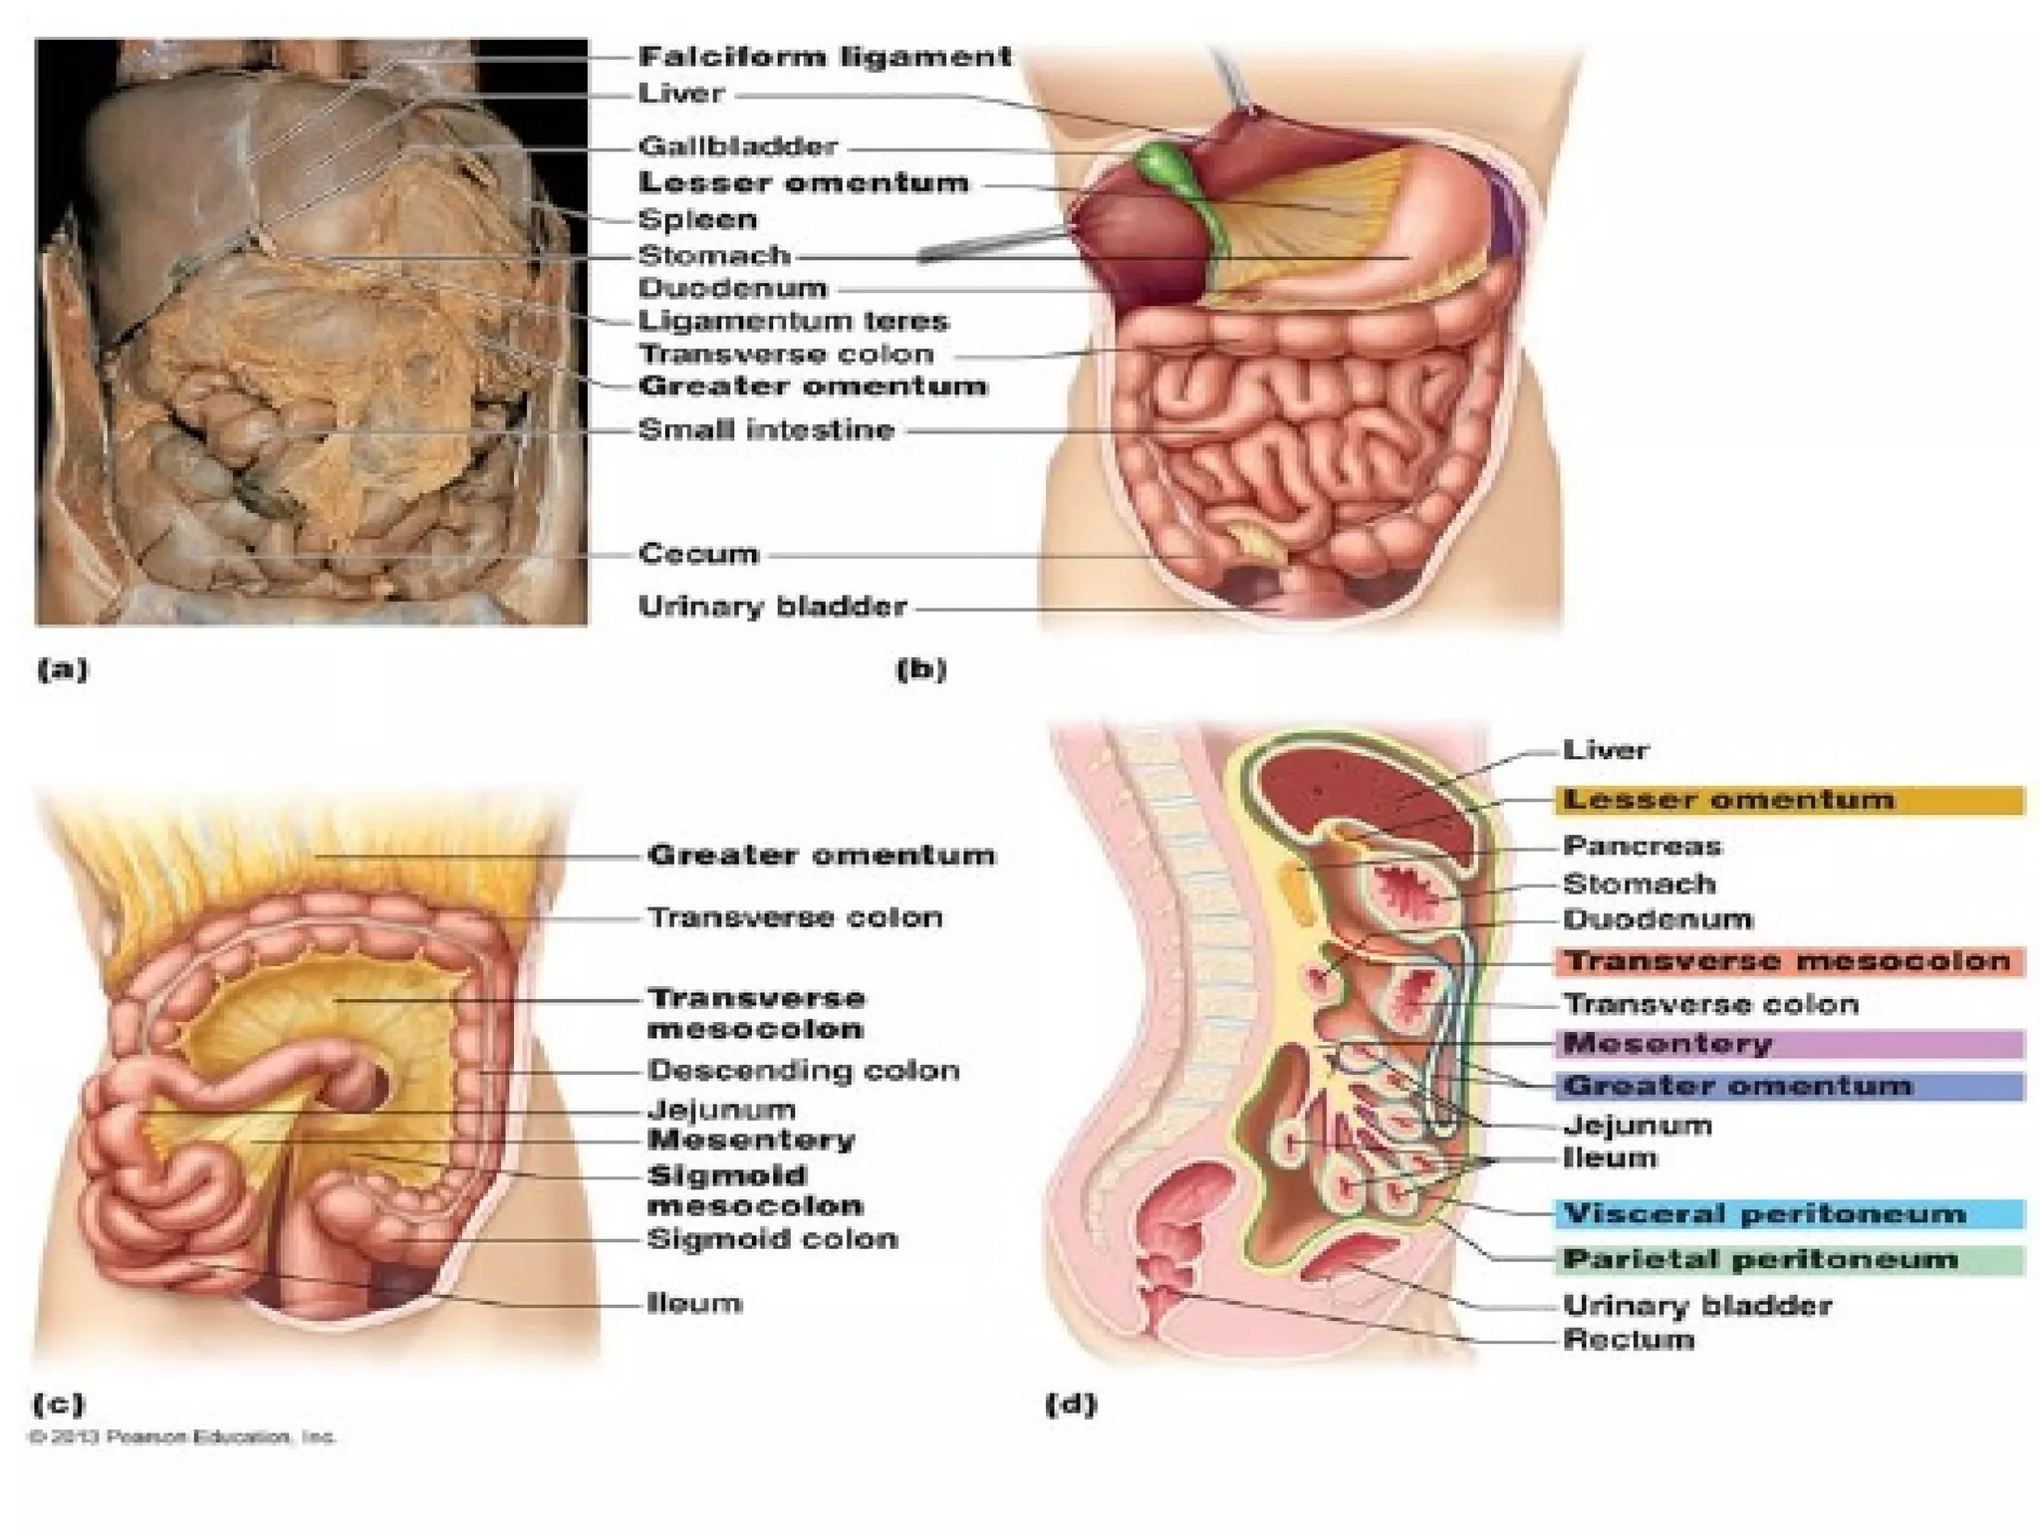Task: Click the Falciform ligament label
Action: [825, 57]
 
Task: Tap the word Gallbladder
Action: [738, 146]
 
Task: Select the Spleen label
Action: [697, 219]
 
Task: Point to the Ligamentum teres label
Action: [794, 321]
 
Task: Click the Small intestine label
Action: [766, 430]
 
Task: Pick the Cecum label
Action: [698, 554]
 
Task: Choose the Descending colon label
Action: [803, 1071]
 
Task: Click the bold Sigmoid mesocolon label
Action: [755, 1190]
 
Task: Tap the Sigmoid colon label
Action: [772, 1239]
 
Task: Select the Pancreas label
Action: [1642, 846]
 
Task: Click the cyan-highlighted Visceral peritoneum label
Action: [1764, 1213]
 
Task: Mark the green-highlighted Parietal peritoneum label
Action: [1760, 1259]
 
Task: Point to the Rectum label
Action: [1629, 1339]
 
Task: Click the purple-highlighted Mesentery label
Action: [1667, 1044]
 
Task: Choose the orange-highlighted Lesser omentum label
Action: [1728, 800]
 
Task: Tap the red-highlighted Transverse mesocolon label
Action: [1788, 961]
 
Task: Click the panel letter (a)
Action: [63, 669]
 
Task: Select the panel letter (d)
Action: [1071, 1404]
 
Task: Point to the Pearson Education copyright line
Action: [183, 1437]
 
